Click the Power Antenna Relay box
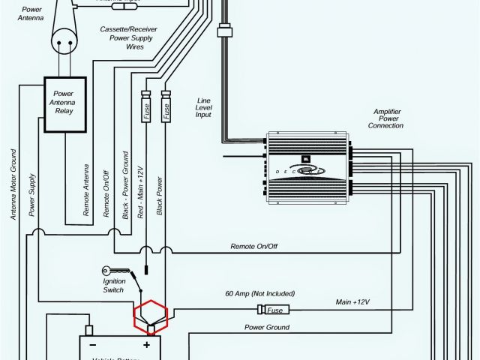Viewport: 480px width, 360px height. [x=65, y=104]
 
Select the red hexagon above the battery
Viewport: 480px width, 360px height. [x=151, y=316]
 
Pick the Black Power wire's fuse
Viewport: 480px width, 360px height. [x=166, y=107]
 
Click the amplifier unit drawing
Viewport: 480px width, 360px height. [x=307, y=170]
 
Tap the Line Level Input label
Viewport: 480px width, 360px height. [x=203, y=107]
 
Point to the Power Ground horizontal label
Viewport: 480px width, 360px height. [x=267, y=328]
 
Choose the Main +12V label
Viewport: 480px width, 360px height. [x=352, y=301]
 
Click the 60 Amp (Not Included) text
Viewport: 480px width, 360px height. [x=259, y=293]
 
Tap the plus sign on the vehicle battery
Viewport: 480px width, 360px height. [x=147, y=346]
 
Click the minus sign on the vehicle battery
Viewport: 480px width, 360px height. [x=93, y=346]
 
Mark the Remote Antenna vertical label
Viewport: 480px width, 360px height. [x=87, y=190]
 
